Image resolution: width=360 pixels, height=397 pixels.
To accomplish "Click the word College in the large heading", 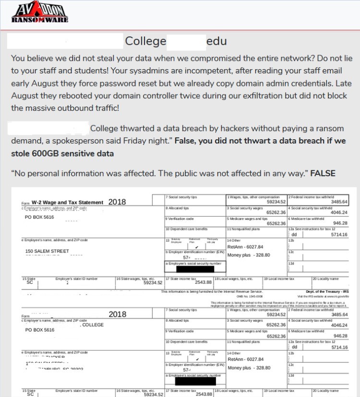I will coord(145,41).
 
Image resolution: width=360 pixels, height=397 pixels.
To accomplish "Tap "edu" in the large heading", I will coord(216,41).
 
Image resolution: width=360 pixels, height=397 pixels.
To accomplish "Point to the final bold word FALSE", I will coord(323,173).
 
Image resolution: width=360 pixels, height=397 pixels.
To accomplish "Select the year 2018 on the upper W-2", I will coord(117,202).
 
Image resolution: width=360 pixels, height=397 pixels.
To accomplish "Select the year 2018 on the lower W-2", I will coord(117,314).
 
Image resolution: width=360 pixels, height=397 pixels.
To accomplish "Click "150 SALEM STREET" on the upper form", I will coord(47,251).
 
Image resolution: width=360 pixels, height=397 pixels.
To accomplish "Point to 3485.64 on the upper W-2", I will coord(338,202).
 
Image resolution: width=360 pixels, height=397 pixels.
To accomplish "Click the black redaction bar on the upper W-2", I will coord(194,269).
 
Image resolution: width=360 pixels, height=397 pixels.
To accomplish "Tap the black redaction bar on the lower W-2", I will coord(194,382).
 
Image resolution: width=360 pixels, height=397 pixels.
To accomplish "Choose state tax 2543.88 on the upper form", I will coord(203,282).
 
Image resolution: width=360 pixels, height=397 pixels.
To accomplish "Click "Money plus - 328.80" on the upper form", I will coord(249,255).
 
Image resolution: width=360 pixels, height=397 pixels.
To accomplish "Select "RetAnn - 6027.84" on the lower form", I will coord(246,359).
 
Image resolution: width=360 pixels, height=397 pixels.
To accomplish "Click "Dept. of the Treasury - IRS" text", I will coord(326,291).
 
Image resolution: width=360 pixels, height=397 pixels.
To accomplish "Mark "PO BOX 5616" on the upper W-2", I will coord(39,217).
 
